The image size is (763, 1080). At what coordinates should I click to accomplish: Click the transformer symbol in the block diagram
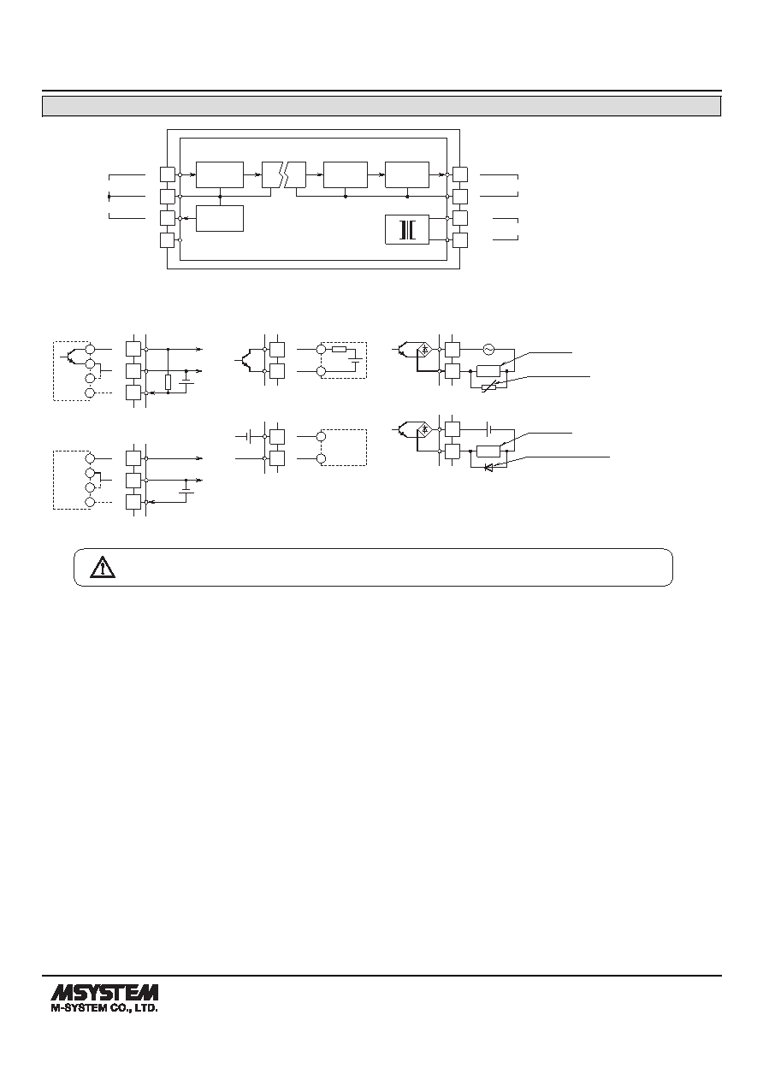[407, 229]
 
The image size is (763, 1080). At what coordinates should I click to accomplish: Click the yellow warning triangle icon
[103, 567]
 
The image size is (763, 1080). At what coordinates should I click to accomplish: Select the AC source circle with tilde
[488, 349]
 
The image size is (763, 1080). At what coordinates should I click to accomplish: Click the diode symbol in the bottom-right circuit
[488, 467]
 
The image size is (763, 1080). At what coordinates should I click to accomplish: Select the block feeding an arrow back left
[220, 218]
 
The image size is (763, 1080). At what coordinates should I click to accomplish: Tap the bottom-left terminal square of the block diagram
[168, 240]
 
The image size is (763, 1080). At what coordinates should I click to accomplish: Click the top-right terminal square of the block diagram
[460, 174]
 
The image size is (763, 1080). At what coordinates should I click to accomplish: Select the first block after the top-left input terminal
[220, 174]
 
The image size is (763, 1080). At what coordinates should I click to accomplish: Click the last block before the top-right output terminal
[407, 174]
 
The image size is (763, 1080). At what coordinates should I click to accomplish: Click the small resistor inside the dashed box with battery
[340, 349]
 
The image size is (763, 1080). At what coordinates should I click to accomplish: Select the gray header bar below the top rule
[381, 106]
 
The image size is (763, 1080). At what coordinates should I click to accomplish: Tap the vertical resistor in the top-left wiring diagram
[168, 382]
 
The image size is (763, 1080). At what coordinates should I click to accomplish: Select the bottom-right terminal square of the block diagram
[460, 240]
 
